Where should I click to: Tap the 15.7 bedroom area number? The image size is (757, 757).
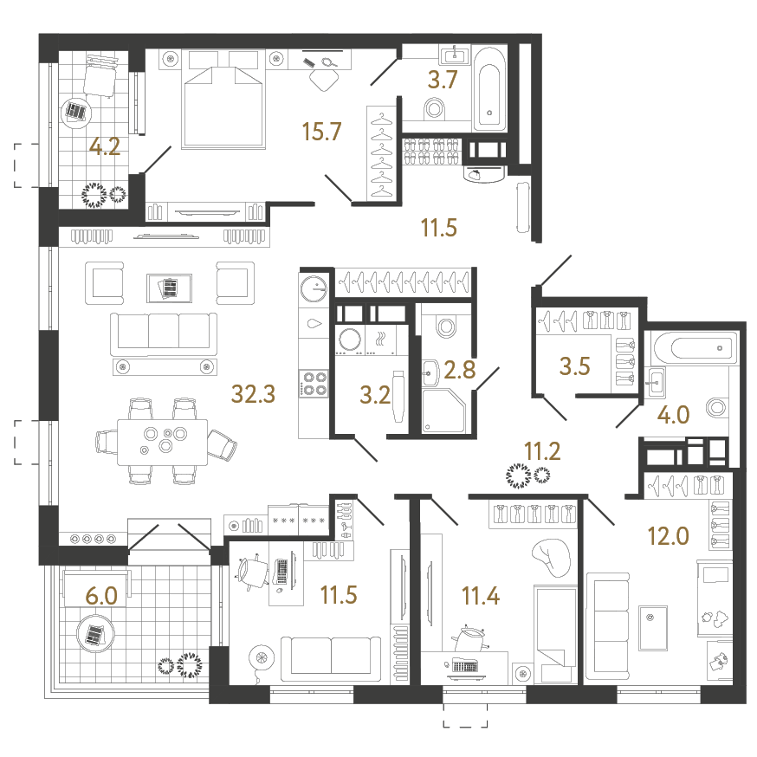click(322, 132)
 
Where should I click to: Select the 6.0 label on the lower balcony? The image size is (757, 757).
click(101, 595)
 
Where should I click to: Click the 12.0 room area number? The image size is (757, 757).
click(668, 536)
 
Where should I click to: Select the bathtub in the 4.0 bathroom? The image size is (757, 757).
click(693, 348)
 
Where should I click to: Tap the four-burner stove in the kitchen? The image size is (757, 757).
click(314, 383)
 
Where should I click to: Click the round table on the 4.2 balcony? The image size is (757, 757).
click(76, 112)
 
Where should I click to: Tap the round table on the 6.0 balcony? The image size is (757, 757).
click(93, 633)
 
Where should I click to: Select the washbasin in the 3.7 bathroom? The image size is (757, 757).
click(454, 55)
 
